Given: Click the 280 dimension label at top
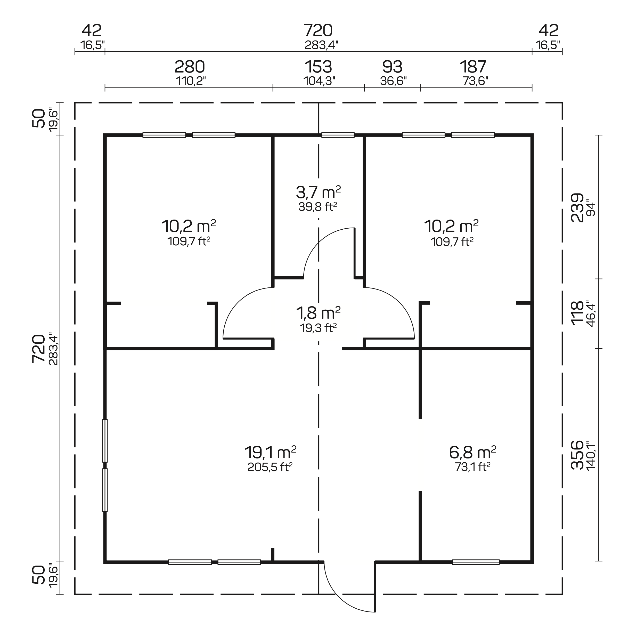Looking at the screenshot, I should [190, 67].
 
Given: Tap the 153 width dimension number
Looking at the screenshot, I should [318, 67].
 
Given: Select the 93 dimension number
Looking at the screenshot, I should [392, 67].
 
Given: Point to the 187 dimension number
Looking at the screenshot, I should [473, 67].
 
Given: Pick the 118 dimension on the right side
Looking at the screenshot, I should [577, 313].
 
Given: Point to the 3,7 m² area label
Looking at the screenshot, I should [318, 192].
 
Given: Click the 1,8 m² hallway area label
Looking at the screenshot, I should [318, 313].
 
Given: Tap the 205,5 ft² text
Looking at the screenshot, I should [270, 467].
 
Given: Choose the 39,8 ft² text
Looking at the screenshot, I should [318, 207].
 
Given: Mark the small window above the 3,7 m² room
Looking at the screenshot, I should [338, 135].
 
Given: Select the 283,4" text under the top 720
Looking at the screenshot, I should [321, 45].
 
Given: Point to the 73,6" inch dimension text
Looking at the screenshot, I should [475, 81].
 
